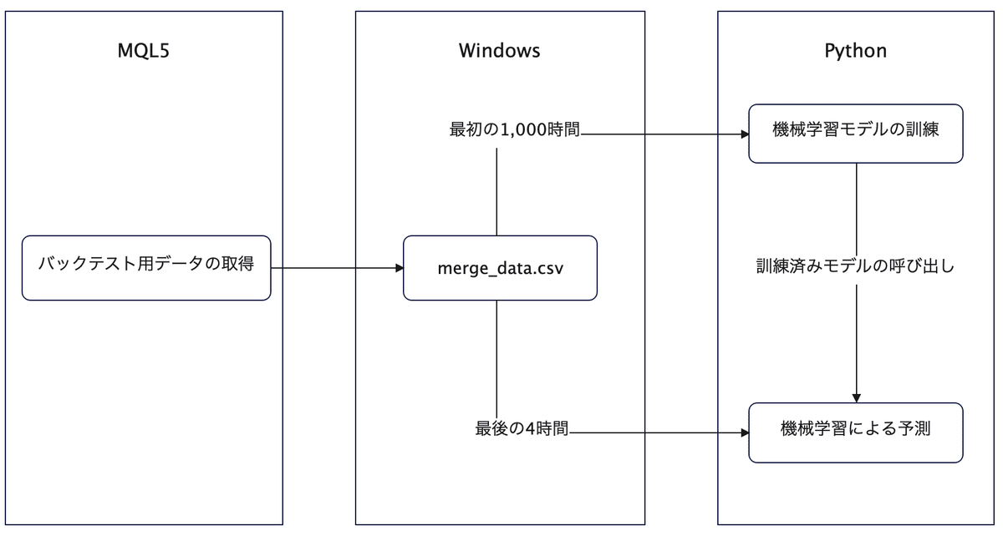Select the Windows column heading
point(500,51)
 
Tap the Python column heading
point(855,51)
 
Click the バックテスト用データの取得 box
point(146,267)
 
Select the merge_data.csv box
point(500,268)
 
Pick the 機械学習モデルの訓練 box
point(855,134)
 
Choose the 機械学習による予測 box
point(855,432)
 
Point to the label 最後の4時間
point(522,431)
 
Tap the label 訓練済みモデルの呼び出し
point(855,268)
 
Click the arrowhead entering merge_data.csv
point(398,268)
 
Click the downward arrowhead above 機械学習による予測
point(856,397)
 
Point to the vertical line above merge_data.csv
point(497,192)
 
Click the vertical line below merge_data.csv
point(497,359)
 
